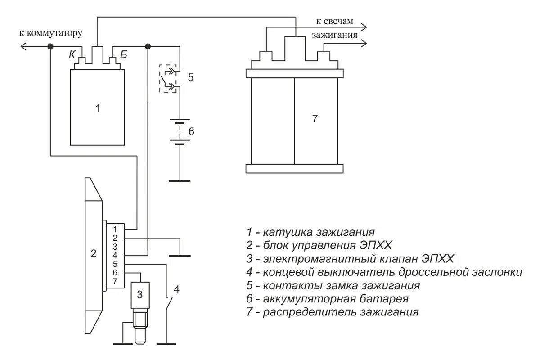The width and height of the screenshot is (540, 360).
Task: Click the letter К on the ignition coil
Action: coord(72,55)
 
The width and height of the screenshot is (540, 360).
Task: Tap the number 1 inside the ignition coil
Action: coord(98,108)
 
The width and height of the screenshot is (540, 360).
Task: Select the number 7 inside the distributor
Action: coord(315,119)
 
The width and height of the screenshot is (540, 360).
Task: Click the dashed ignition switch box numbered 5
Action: coord(168,78)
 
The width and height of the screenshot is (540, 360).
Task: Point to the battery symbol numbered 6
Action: coord(180,131)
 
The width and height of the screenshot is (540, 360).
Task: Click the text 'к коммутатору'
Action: coord(50,33)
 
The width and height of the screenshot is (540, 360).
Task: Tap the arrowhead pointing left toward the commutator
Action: coord(24,46)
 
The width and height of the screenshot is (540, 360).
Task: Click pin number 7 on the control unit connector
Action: coord(115,281)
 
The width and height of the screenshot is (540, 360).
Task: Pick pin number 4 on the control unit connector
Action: coord(115,255)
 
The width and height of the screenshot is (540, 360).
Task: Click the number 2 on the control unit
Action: coord(94,253)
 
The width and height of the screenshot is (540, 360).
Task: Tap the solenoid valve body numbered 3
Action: coord(140,295)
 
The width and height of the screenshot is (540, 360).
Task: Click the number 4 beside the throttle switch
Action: coord(177,289)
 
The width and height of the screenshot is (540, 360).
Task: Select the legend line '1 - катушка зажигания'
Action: coord(310,233)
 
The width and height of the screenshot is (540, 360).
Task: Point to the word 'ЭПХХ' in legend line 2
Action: coord(375,246)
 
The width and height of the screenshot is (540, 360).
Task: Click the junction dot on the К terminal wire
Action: coord(50,46)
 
